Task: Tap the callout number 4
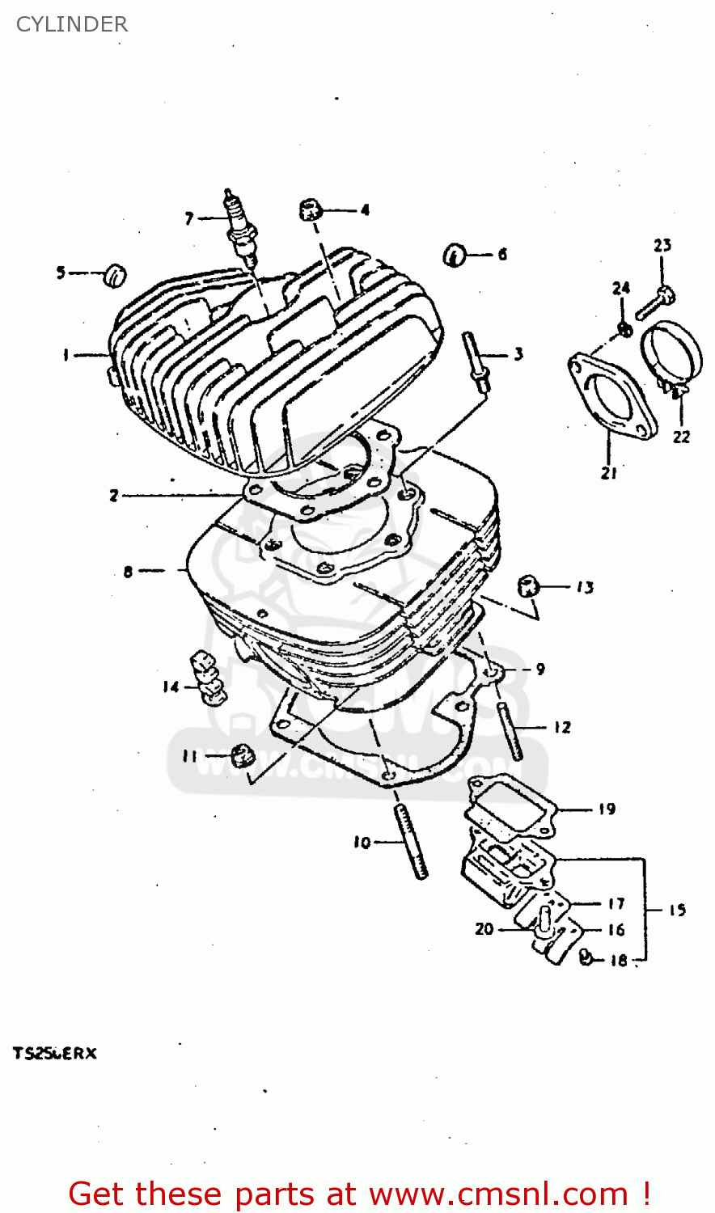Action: click(365, 210)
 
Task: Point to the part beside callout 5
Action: click(116, 275)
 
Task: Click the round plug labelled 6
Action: click(455, 256)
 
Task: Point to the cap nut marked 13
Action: click(529, 586)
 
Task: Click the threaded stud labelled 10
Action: click(410, 841)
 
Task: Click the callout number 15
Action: click(677, 911)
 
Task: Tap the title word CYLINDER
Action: click(72, 24)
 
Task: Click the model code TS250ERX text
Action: click(54, 1054)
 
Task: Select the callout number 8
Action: click(128, 572)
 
